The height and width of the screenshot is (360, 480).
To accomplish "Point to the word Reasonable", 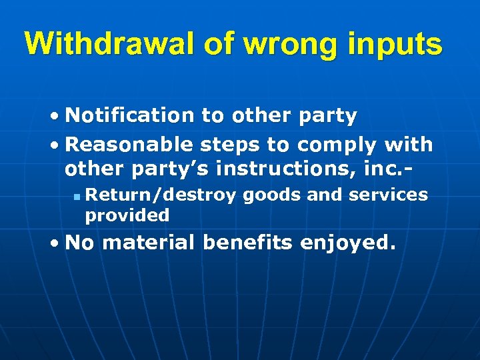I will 130,144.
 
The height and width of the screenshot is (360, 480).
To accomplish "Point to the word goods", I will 268,195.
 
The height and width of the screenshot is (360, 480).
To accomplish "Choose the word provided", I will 127,215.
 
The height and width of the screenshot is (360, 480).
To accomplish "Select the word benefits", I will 247,243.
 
